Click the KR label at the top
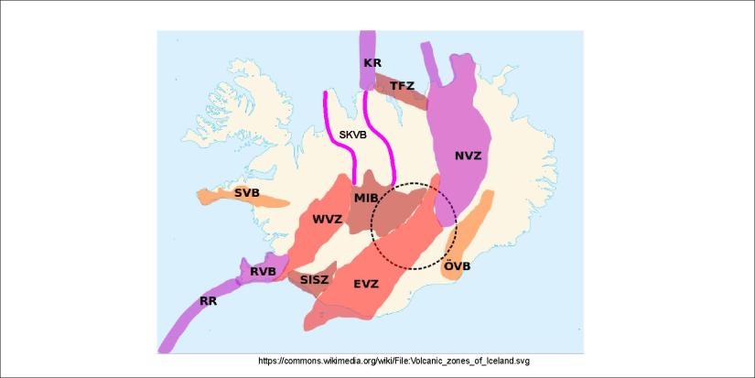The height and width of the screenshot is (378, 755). pyautogui.click(x=372, y=63)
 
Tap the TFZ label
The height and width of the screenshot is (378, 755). pyautogui.click(x=403, y=86)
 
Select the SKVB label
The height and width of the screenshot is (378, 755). pyautogui.click(x=352, y=135)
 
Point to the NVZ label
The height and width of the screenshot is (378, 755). pyautogui.click(x=468, y=156)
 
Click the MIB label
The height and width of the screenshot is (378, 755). pyautogui.click(x=366, y=198)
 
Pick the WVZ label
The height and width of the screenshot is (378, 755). pyautogui.click(x=327, y=220)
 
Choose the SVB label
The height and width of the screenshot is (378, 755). pyautogui.click(x=246, y=192)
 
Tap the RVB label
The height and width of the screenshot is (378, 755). pyautogui.click(x=264, y=271)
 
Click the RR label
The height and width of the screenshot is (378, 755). pyautogui.click(x=210, y=300)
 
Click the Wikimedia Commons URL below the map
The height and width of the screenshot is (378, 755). pyautogui.click(x=394, y=361)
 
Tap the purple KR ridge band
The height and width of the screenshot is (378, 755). pyautogui.click(x=368, y=44)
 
